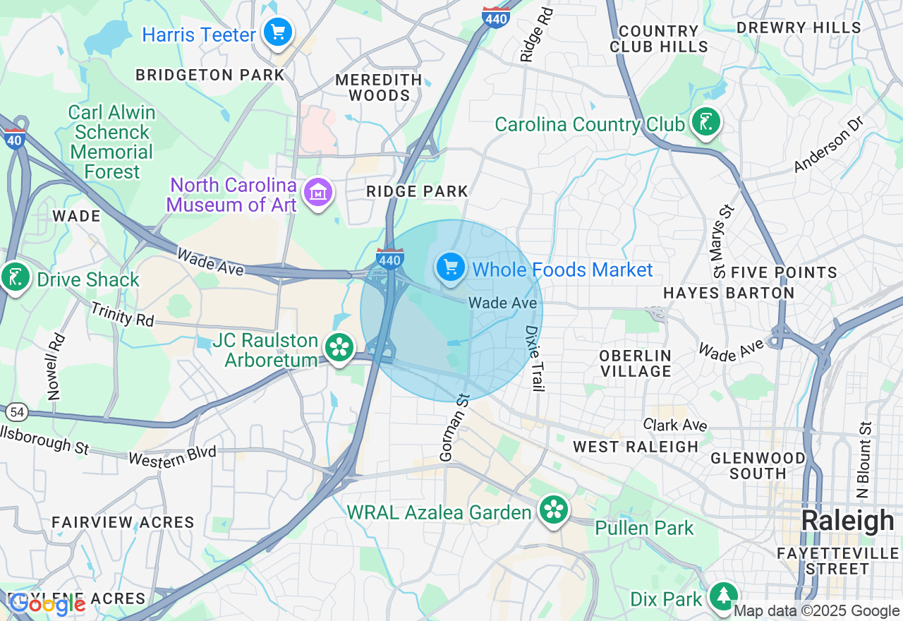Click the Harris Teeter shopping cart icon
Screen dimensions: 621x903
[278, 32]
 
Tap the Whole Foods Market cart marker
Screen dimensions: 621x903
[451, 268]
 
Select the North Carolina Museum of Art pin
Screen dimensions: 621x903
[317, 192]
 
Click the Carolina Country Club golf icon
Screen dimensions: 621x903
[705, 122]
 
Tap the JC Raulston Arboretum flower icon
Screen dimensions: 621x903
[339, 347]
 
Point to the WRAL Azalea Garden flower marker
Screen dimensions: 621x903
[554, 510]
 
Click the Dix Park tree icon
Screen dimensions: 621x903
[722, 596]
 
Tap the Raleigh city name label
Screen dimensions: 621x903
[847, 521]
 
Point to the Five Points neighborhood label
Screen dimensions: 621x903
[784, 272]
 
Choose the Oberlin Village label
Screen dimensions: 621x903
[635, 363]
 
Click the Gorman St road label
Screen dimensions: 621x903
[455, 428]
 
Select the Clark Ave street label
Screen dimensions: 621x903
[675, 424]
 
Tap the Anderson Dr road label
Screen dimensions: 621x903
[828, 144]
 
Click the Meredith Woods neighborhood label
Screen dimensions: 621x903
[379, 88]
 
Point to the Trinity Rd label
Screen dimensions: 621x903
[122, 314]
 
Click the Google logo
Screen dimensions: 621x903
[47, 603]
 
